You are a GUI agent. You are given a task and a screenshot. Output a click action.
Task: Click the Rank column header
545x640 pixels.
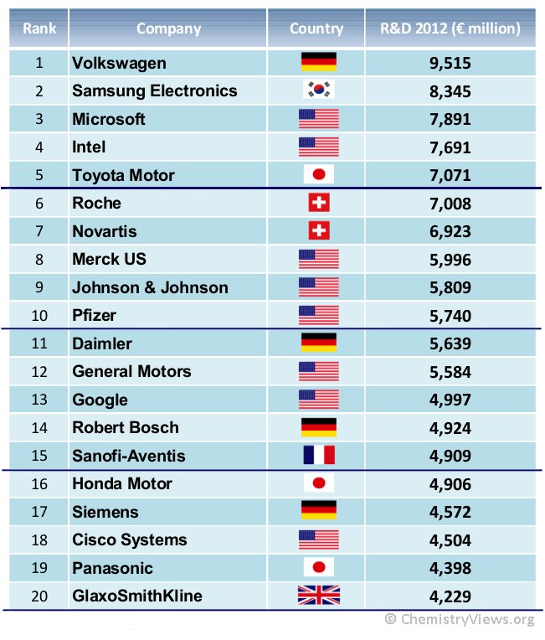[x=39, y=28]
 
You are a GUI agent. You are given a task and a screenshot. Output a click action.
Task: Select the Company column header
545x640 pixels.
[x=168, y=28]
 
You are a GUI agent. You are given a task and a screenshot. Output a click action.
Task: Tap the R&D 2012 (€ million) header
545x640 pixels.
[x=450, y=28]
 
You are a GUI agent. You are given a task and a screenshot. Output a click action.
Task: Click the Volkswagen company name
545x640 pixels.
[x=119, y=63]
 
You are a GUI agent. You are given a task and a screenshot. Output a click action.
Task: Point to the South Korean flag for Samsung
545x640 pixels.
[x=318, y=90]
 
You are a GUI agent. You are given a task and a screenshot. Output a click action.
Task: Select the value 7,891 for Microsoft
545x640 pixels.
[x=450, y=119]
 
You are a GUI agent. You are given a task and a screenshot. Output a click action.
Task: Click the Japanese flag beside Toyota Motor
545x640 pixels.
[x=318, y=175]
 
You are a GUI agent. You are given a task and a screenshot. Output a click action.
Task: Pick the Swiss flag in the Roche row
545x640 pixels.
[x=318, y=203]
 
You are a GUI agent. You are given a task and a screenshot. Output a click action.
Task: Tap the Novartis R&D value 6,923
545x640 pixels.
[x=450, y=231]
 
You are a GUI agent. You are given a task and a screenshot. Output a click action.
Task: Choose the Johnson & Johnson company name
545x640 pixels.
[x=150, y=287]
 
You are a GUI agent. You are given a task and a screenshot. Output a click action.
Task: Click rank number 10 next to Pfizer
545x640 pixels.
[x=39, y=316]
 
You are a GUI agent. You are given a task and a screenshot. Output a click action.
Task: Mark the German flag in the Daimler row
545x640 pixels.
[x=318, y=343]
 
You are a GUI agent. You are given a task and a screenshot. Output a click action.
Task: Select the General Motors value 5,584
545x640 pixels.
[x=450, y=372]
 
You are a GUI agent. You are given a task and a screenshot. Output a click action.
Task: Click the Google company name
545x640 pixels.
[x=100, y=400]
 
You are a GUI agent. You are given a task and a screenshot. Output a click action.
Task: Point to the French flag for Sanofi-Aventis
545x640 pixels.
[x=318, y=456]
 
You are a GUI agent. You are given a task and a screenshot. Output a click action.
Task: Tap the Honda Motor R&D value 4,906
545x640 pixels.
[x=450, y=484]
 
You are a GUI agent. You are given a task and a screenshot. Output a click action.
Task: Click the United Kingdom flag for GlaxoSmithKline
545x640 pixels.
[x=318, y=596]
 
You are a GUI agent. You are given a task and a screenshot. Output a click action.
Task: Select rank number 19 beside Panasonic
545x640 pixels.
[x=39, y=568]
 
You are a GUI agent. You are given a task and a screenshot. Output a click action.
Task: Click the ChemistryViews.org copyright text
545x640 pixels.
[x=459, y=620]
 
